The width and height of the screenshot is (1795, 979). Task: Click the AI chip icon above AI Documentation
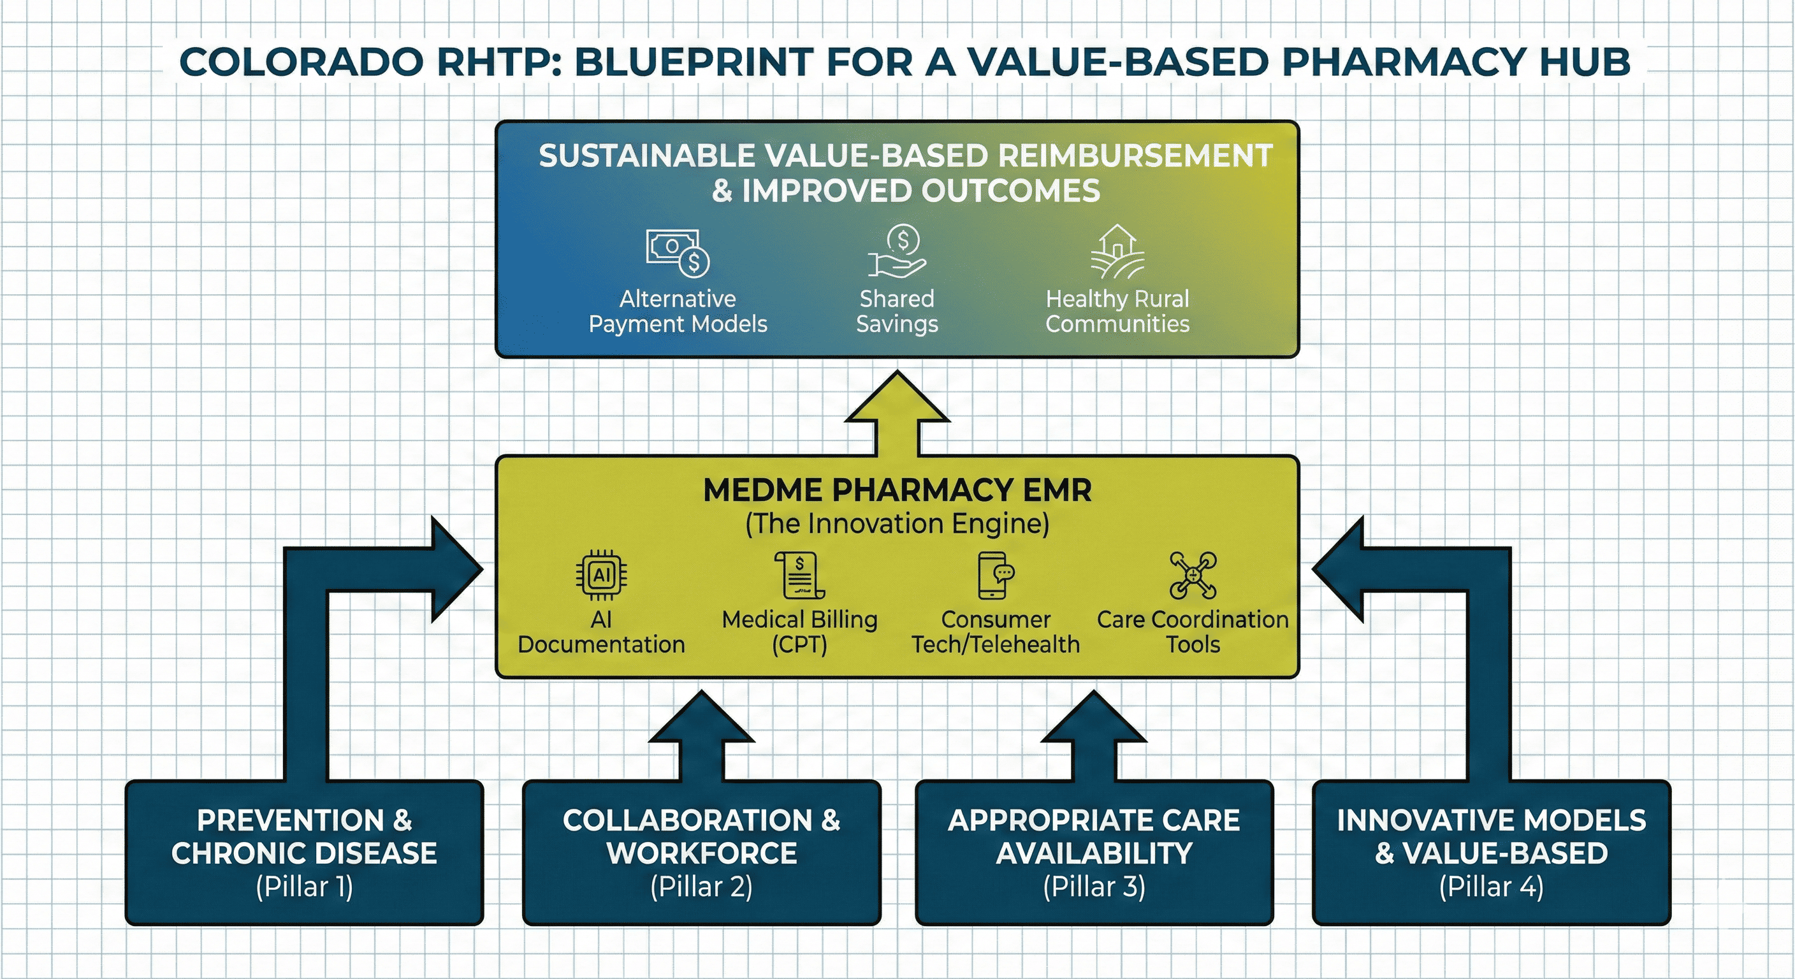point(600,575)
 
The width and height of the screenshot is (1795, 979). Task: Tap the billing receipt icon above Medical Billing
point(799,575)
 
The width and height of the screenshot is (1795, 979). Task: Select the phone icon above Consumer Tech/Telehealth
point(995,575)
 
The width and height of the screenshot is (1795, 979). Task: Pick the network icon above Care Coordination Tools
point(1193,575)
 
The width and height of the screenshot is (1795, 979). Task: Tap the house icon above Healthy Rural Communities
point(1117,252)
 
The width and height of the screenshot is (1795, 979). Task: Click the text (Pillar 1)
point(305,887)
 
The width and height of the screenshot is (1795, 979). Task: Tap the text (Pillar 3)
point(1094,887)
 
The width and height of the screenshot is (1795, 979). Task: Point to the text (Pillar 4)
point(1491,887)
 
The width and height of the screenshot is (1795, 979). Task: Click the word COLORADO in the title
point(301,62)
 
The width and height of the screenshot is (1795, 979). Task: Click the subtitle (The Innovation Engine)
point(897,524)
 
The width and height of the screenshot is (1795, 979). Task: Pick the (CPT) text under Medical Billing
point(799,644)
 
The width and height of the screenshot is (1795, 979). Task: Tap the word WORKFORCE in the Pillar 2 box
point(702,853)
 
